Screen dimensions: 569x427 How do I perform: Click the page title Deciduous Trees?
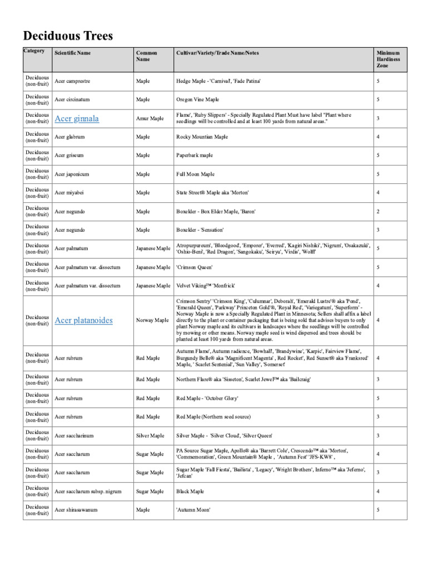click(68, 36)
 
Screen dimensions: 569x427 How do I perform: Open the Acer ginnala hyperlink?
click(77, 118)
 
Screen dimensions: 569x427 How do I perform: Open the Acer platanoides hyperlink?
click(83, 321)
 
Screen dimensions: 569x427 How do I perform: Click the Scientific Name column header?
click(73, 53)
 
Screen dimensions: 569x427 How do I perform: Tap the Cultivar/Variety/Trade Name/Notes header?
click(217, 53)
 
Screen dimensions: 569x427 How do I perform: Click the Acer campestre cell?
click(73, 81)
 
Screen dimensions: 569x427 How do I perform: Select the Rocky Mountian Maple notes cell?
click(201, 137)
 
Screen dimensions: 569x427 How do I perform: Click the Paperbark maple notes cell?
click(195, 156)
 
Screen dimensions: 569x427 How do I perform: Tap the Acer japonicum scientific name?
click(72, 174)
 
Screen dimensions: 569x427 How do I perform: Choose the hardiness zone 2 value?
click(378, 212)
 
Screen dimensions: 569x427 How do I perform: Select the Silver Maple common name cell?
click(150, 436)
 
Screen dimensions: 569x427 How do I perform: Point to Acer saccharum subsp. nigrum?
click(88, 492)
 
